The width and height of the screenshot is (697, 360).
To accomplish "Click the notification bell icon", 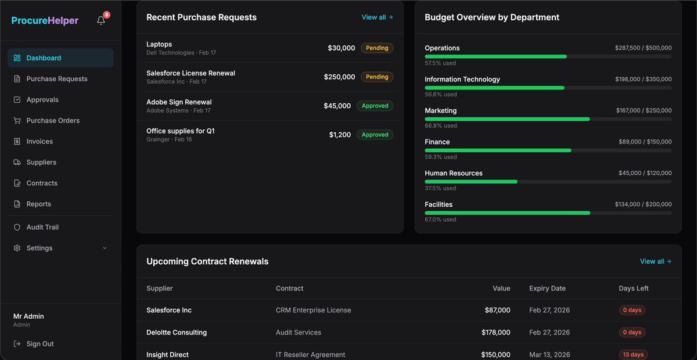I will [101, 20].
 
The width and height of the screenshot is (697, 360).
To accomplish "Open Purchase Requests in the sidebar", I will [56, 79].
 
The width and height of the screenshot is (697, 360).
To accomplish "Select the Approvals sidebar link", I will [42, 100].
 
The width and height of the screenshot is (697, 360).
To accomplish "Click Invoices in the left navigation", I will [39, 142].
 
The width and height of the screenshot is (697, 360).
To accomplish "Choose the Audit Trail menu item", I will [42, 228].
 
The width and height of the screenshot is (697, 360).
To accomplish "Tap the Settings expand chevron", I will [105, 249].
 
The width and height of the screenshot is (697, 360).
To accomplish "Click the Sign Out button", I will [39, 344].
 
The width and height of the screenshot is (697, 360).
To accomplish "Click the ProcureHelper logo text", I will [45, 21].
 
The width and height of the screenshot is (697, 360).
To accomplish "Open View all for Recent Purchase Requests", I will [377, 17].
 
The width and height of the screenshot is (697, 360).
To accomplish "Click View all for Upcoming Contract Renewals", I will [655, 261].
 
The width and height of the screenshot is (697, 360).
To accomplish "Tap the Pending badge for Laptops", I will [377, 48].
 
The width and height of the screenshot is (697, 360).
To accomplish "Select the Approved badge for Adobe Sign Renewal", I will [375, 106].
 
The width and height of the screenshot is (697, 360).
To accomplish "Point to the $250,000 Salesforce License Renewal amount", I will [339, 77].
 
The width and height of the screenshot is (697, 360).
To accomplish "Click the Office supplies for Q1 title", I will [180, 131].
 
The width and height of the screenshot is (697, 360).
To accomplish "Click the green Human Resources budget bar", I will [470, 182].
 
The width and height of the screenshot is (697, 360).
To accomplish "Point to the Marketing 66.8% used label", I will [441, 126].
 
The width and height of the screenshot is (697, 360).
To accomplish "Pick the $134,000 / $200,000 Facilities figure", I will [643, 204].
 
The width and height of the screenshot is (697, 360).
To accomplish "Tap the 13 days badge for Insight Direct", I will [633, 355].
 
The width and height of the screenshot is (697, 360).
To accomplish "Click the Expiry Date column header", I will [547, 289].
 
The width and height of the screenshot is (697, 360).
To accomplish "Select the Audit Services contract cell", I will [298, 333].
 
